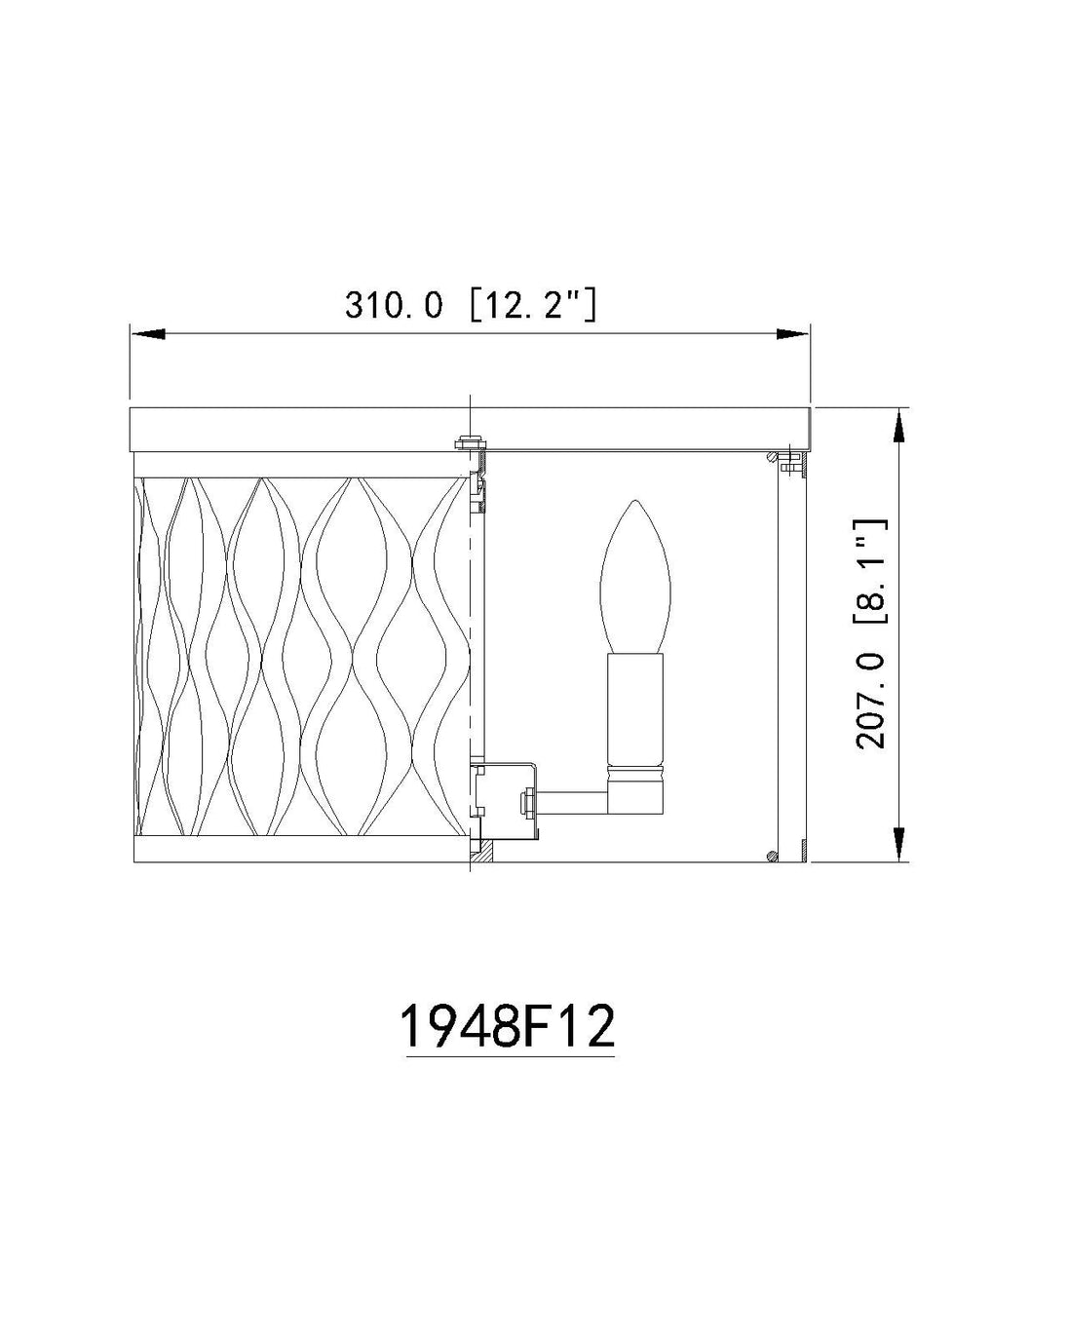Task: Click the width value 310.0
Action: pos(394,305)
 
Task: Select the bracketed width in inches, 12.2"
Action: pos(534,305)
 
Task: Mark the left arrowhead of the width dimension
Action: pos(147,333)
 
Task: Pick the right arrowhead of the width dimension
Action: pos(793,333)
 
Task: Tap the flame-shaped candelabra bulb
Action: pos(634,576)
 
